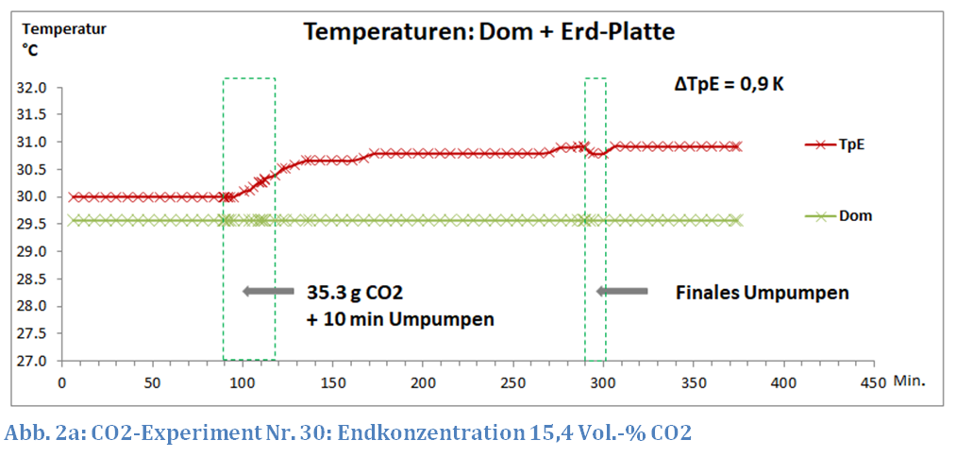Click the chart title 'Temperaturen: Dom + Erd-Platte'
[x=488, y=31]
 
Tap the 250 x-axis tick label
[x=513, y=383]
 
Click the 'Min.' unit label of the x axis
[x=911, y=382]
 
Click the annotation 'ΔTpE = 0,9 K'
[x=729, y=83]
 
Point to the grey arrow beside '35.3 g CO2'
[x=268, y=292]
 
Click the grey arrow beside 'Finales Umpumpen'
[x=622, y=292]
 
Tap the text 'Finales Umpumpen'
[x=762, y=293]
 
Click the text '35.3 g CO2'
[x=358, y=292]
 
